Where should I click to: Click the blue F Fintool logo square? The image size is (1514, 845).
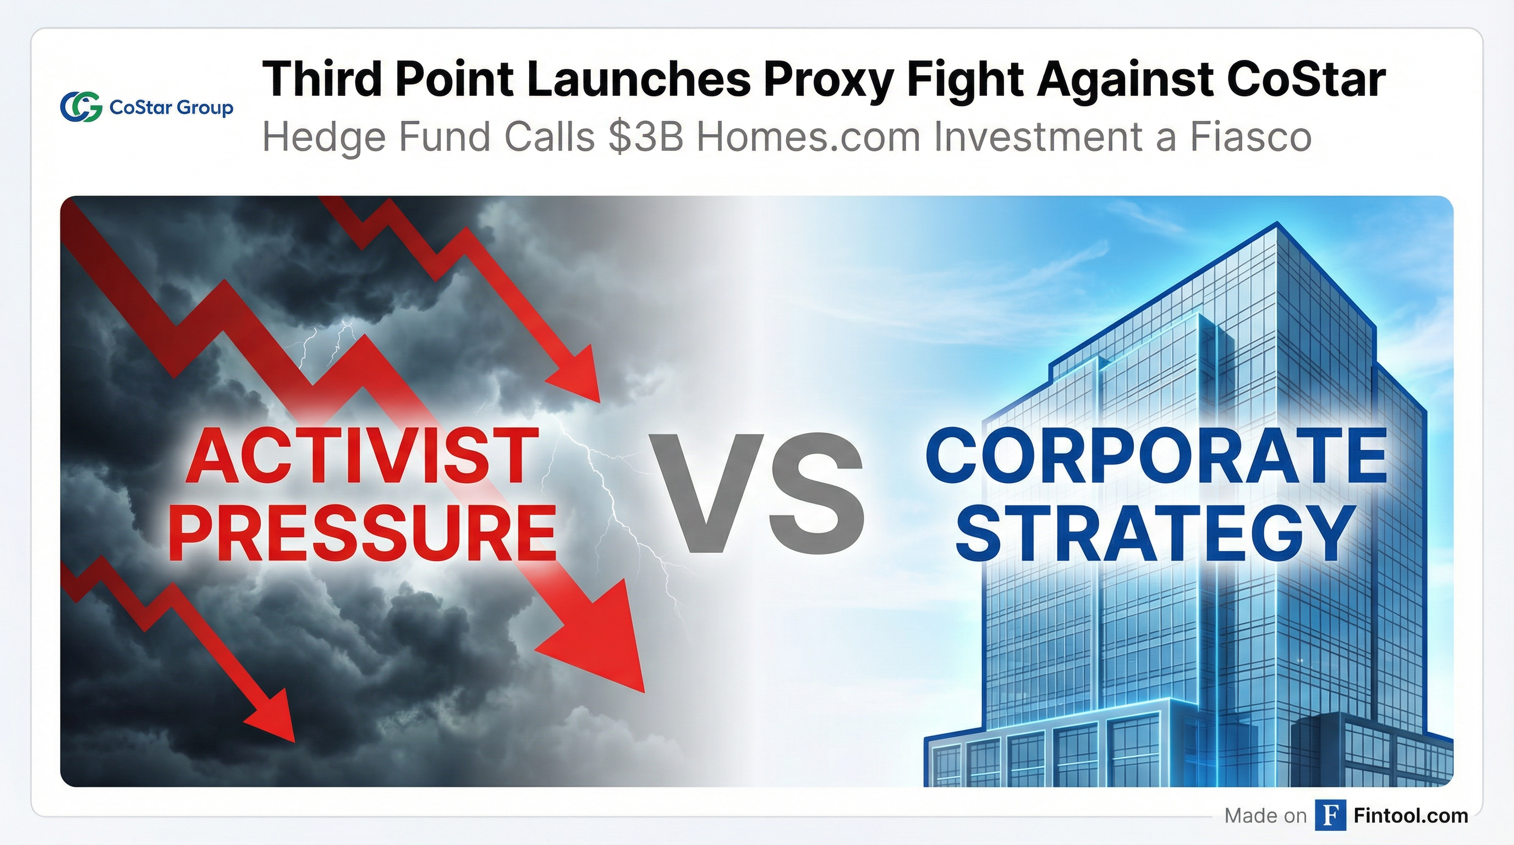(x=1330, y=815)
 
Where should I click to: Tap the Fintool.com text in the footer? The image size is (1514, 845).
(x=1410, y=815)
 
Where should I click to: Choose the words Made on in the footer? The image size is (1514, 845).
(x=1265, y=815)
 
